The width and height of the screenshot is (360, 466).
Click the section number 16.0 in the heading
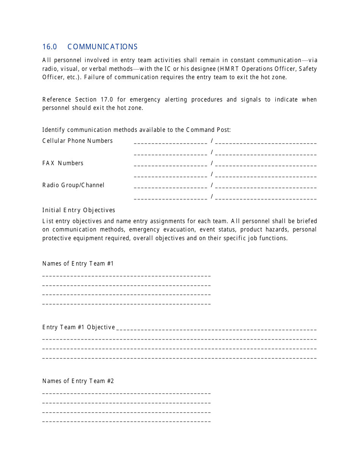click(x=50, y=47)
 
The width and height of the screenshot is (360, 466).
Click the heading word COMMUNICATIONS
click(x=103, y=47)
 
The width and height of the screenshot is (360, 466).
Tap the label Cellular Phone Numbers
click(x=78, y=141)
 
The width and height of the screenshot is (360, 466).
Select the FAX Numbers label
click(x=63, y=163)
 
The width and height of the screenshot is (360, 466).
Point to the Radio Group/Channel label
click(x=74, y=185)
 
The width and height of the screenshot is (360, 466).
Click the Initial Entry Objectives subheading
click(x=79, y=210)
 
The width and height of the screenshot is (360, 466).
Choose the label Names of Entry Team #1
click(x=78, y=264)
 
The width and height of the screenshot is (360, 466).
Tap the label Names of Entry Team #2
click(x=78, y=381)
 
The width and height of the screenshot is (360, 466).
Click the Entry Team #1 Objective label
click(x=79, y=327)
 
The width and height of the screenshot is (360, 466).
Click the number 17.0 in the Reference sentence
click(x=106, y=100)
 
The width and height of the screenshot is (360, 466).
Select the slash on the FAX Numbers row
click(x=212, y=163)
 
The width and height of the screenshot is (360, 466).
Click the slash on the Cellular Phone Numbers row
click(x=212, y=141)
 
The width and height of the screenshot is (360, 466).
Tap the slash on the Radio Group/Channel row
click(x=212, y=185)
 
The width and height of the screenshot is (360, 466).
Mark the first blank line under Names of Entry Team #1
click(x=127, y=275)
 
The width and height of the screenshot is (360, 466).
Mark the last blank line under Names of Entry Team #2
click(x=127, y=421)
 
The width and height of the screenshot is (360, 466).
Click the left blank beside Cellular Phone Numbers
click(x=171, y=142)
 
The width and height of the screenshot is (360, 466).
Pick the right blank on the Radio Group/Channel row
click(x=266, y=187)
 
